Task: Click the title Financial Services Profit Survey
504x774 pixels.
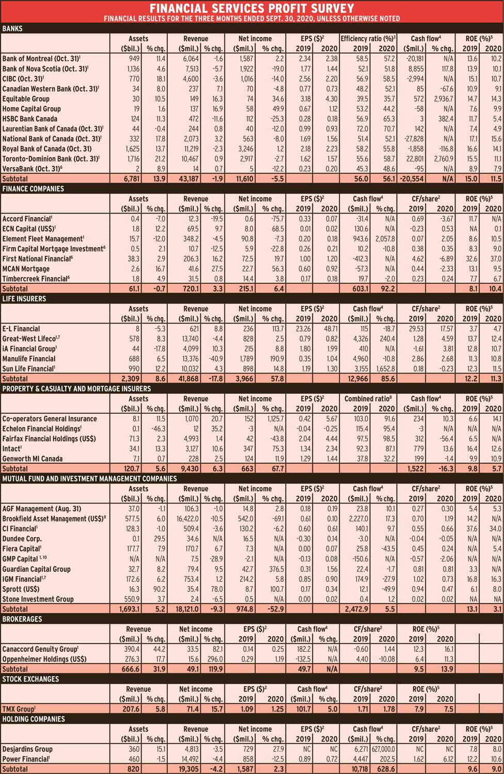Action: point(252,8)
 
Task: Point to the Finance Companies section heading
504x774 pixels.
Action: point(34,189)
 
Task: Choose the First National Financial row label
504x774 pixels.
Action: point(36,259)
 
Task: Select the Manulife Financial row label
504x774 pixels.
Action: point(29,359)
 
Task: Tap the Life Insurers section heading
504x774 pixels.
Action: point(24,299)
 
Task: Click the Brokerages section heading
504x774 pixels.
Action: point(22,619)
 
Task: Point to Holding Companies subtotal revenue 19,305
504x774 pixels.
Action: point(196,769)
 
